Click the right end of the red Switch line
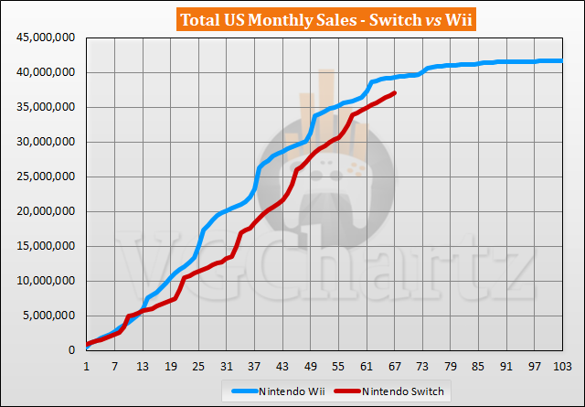pyautogui.click(x=394, y=93)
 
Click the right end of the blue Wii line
pyautogui.click(x=560, y=61)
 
